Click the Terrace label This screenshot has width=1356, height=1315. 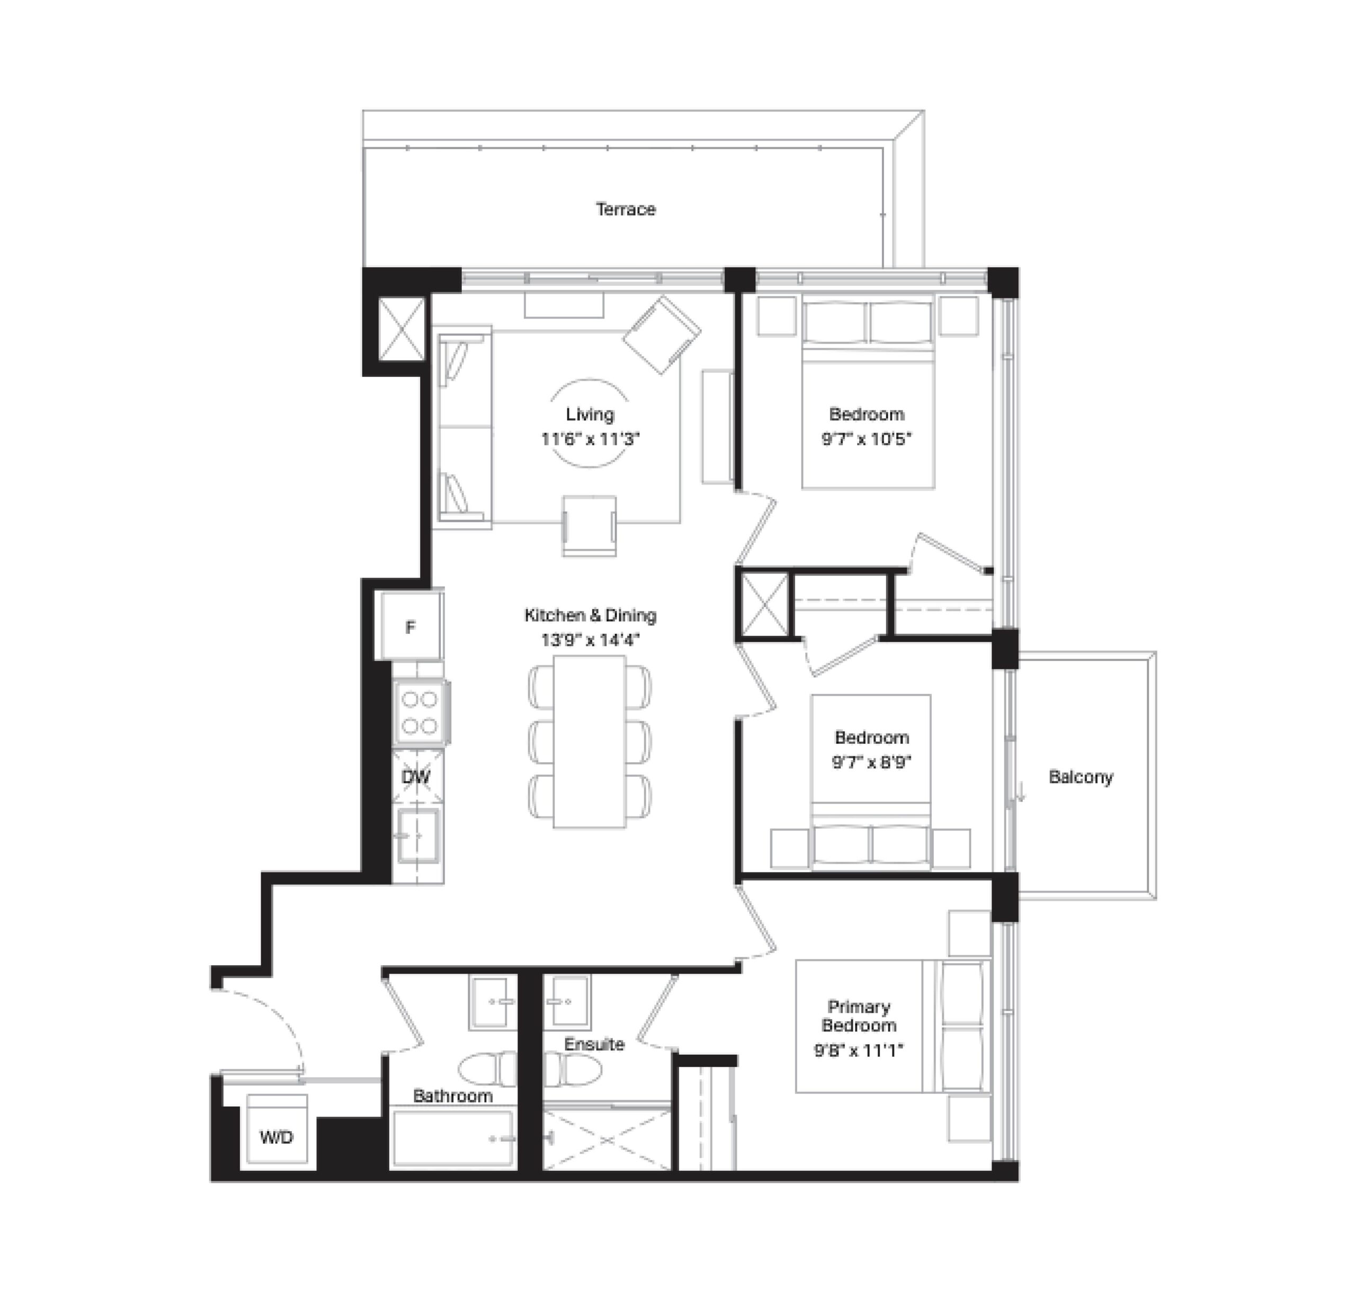[x=626, y=209]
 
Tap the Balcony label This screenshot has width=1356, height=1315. [x=1081, y=776]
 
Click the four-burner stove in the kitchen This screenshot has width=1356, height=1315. [x=421, y=713]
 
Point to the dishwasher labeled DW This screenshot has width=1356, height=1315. [x=417, y=776]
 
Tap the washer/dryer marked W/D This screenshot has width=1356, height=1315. [x=276, y=1136]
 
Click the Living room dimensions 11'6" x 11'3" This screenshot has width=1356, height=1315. [x=590, y=439]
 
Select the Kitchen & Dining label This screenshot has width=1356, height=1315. [x=590, y=615]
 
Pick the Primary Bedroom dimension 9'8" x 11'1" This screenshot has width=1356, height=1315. [x=859, y=1051]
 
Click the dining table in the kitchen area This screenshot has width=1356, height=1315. [x=590, y=742]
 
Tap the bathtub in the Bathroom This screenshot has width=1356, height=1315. [x=454, y=1139]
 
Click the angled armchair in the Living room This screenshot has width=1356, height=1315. [x=662, y=336]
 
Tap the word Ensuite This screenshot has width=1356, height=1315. [x=594, y=1044]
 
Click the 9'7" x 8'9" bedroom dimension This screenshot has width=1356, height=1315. [x=872, y=763]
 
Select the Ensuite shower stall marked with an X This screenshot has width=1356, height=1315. [x=606, y=1139]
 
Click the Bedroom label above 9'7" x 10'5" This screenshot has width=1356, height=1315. [x=867, y=414]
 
